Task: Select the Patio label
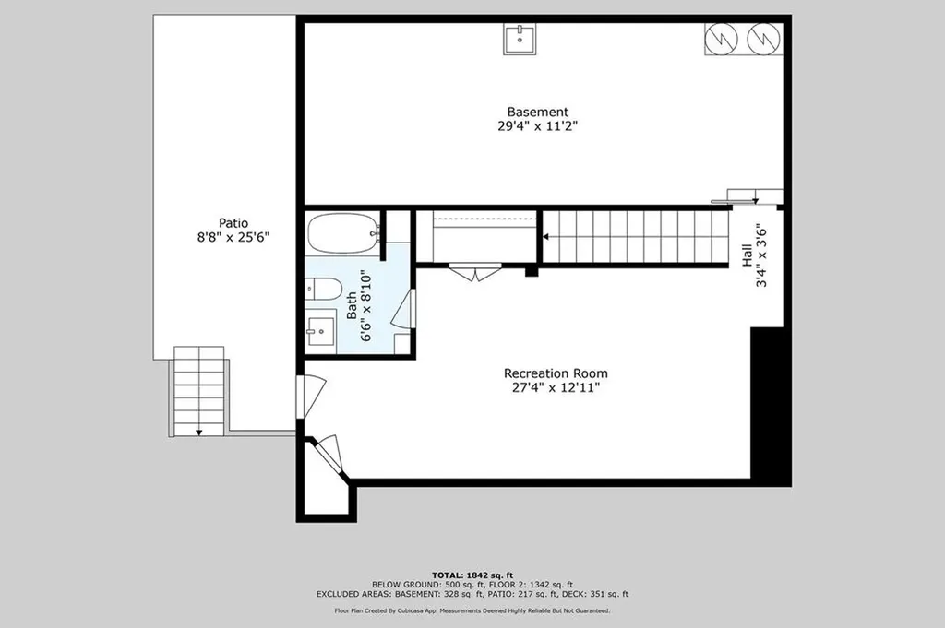tap(233, 222)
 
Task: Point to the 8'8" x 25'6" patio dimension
tap(233, 237)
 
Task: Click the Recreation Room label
tap(556, 373)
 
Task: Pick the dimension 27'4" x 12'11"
tap(556, 387)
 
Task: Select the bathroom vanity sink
tap(320, 328)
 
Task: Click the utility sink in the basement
tap(520, 39)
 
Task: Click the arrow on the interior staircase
tap(546, 237)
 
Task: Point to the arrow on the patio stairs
tap(198, 431)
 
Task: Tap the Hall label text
tap(747, 255)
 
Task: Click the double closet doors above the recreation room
tap(475, 272)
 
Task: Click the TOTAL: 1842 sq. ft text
tap(472, 575)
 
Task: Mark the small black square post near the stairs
tap(531, 271)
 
